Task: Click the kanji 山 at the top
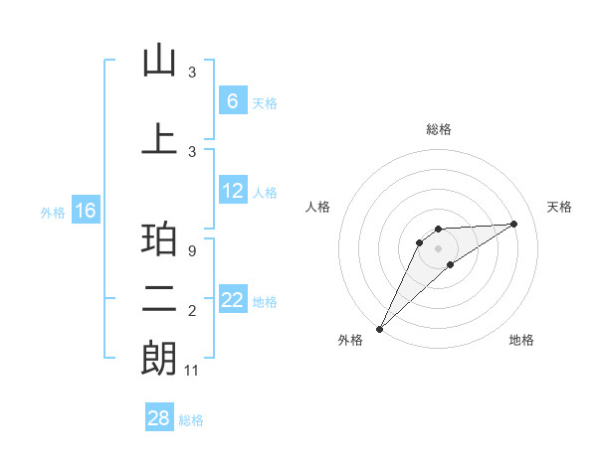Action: click(x=159, y=63)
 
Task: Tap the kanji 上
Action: click(x=159, y=139)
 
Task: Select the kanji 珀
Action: click(x=159, y=241)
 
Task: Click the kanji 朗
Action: click(x=159, y=359)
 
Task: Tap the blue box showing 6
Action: click(x=232, y=101)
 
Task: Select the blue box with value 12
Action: click(x=232, y=191)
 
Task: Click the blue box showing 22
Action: click(x=232, y=300)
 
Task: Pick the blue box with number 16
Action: click(x=85, y=211)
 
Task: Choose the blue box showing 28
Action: click(x=159, y=418)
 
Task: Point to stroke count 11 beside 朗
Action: click(x=192, y=371)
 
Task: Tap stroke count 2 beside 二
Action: click(x=192, y=312)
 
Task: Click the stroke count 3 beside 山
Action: click(x=192, y=73)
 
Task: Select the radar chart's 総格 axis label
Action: click(x=438, y=130)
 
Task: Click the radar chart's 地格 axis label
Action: click(x=521, y=340)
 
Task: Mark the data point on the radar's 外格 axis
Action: click(x=380, y=328)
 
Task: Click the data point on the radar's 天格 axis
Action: click(x=514, y=224)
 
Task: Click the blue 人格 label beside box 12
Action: click(x=265, y=193)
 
